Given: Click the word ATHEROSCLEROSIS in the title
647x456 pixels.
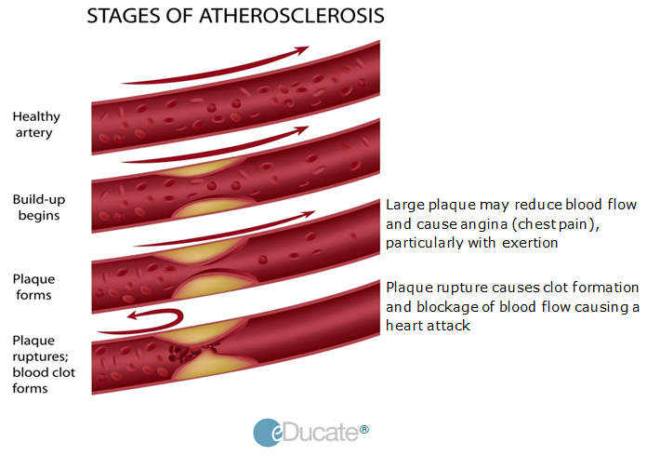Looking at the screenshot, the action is pyautogui.click(x=292, y=16).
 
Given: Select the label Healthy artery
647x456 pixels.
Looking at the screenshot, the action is pyautogui.click(x=36, y=125).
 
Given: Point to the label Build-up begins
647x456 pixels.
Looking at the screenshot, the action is pyautogui.click(x=39, y=208).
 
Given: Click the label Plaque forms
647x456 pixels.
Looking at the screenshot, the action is pyautogui.click(x=33, y=287).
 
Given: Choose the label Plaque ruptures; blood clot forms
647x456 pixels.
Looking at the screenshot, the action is pyautogui.click(x=44, y=364).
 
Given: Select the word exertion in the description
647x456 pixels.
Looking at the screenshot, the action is pyautogui.click(x=530, y=243).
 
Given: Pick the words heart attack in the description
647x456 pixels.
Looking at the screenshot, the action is pyautogui.click(x=428, y=326).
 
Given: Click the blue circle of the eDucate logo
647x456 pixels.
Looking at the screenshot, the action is pyautogui.click(x=268, y=433).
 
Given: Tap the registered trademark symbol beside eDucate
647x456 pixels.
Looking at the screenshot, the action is pyautogui.click(x=364, y=430).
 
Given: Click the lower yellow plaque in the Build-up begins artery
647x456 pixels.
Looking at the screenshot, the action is pyautogui.click(x=213, y=208).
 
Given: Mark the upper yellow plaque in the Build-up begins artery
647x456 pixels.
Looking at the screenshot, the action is pyautogui.click(x=201, y=168).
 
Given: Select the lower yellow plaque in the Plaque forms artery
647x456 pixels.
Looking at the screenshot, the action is pyautogui.click(x=215, y=286).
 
